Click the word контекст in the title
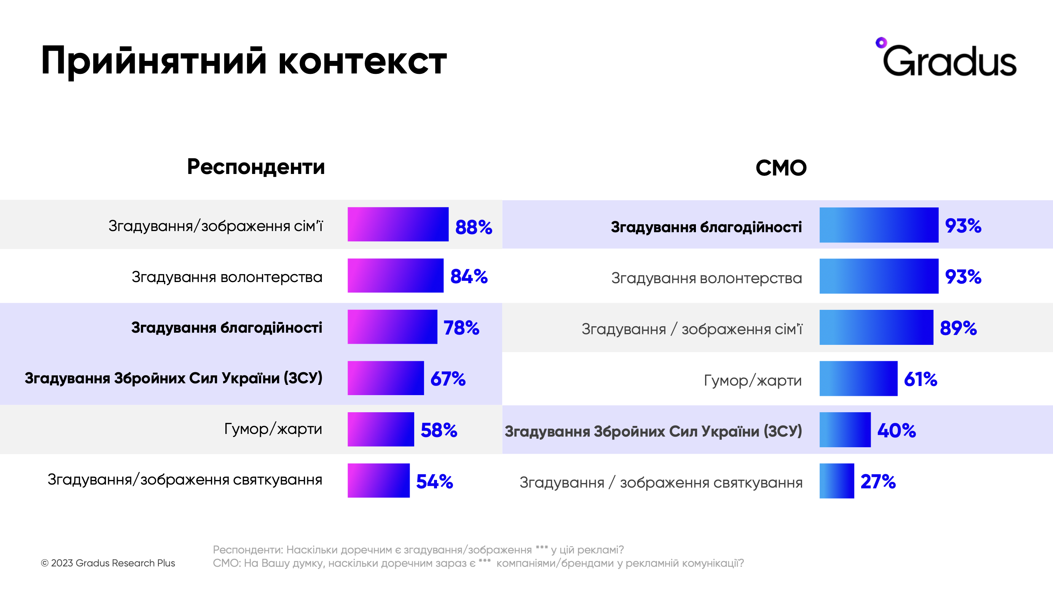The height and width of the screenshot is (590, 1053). [362, 61]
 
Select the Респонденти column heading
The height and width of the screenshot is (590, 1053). [256, 167]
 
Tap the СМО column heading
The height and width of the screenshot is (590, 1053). [781, 168]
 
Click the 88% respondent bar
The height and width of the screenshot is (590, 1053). [398, 224]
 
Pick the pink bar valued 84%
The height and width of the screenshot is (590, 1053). [395, 275]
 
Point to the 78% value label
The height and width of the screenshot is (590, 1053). [461, 328]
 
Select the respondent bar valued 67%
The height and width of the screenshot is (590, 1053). [386, 378]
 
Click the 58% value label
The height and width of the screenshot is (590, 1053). [439, 430]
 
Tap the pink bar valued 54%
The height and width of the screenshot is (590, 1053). [378, 480]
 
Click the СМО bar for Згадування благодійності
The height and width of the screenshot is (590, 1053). [879, 225]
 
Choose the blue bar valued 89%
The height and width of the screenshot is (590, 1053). [876, 327]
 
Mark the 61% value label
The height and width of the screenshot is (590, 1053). [920, 379]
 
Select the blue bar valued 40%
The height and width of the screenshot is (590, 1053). [845, 430]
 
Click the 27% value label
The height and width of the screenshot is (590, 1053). [877, 481]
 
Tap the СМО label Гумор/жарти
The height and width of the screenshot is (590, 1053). [753, 380]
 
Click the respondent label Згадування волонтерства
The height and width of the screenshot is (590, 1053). [227, 277]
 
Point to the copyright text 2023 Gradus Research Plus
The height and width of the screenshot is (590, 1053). [108, 563]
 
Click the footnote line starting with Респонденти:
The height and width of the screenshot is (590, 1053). [418, 550]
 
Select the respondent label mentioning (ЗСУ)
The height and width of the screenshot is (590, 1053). [173, 378]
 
